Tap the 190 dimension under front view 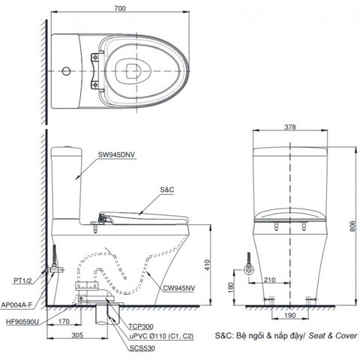(x=289, y=316)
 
